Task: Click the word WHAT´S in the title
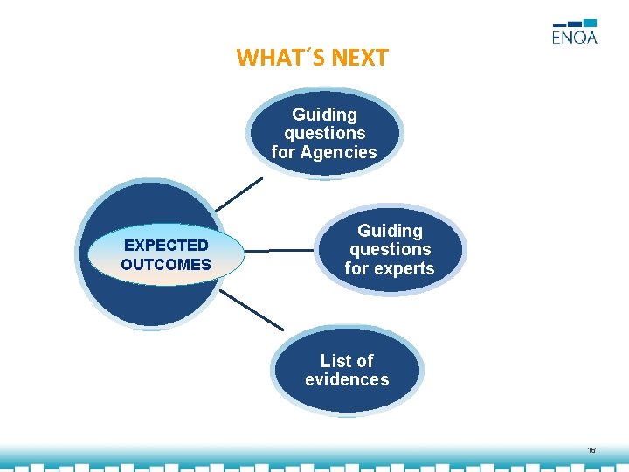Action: click(273, 59)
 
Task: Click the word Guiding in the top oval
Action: click(324, 115)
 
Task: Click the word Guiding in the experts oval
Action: click(390, 231)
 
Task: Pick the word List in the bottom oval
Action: click(335, 361)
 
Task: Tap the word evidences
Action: click(347, 379)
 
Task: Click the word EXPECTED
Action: click(166, 246)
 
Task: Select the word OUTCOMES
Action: click(166, 264)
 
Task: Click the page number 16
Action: click(591, 450)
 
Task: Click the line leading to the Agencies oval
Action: click(238, 195)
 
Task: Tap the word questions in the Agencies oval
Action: click(324, 133)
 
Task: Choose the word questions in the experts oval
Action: click(390, 249)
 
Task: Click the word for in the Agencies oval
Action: click(283, 152)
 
